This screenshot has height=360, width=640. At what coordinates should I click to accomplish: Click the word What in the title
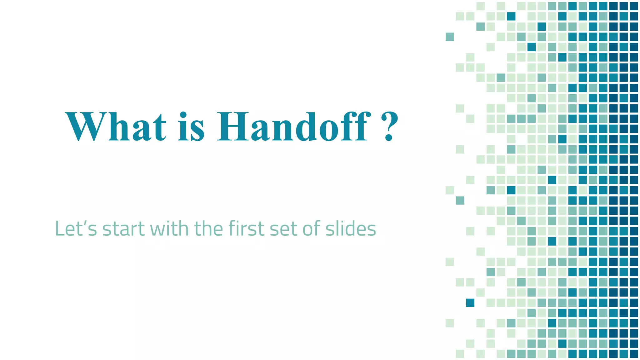click(116, 127)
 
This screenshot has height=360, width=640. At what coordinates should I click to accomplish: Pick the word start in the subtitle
click(123, 229)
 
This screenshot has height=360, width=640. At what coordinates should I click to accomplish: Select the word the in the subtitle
click(208, 228)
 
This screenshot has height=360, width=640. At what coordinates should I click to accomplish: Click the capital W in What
click(84, 127)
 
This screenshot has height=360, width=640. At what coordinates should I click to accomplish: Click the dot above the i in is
click(183, 114)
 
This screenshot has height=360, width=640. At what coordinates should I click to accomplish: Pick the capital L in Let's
click(59, 228)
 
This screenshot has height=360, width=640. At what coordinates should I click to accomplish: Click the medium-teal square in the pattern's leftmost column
click(450, 37)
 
